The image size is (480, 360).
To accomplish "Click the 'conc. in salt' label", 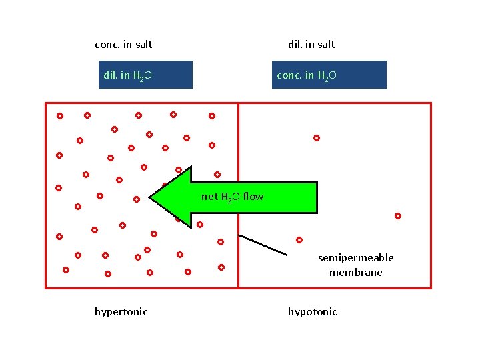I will coord(123,45).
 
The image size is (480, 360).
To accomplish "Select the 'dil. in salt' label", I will coord(311,45).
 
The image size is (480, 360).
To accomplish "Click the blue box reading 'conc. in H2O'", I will coord(329,75).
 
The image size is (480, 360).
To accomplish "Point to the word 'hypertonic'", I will coord(121,312).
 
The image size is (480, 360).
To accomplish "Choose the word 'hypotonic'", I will coord(312,312).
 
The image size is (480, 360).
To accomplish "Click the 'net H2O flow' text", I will coord(232,197).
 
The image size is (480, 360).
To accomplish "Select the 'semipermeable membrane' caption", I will coord(355,265).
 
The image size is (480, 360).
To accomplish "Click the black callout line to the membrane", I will coord(263,245).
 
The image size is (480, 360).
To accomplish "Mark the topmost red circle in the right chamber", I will coord(317,138).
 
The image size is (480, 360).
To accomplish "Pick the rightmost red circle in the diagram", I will coord(398,216).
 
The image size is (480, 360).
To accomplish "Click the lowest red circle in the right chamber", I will coord(299,240).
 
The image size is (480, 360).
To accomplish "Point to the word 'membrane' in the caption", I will coord(355,273).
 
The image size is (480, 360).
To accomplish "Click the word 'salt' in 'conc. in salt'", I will coord(142,45).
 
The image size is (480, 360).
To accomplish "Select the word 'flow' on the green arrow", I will coord(253,197).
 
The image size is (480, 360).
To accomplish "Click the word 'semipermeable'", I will coord(356,258).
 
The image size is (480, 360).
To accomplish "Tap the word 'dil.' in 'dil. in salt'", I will coord(295,45).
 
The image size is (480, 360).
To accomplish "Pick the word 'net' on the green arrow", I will coord(209,197).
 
